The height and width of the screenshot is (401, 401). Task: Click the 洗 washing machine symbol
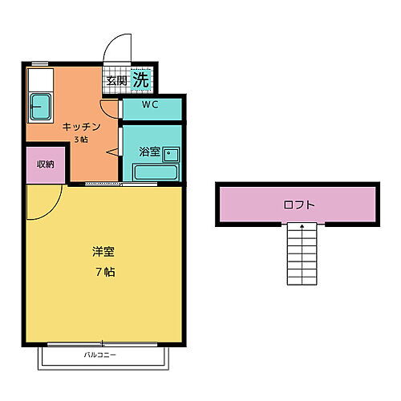click(x=140, y=79)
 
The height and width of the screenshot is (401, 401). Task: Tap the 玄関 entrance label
click(x=116, y=80)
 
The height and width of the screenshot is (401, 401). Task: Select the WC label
click(x=151, y=105)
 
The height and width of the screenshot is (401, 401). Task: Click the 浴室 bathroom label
click(x=149, y=150)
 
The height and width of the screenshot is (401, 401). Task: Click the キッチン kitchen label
click(x=83, y=127)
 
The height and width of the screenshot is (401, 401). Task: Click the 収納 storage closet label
click(x=45, y=164)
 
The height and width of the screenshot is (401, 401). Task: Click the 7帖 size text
click(x=104, y=271)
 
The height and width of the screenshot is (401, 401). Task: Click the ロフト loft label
click(x=299, y=204)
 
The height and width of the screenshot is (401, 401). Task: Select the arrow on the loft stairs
click(x=302, y=228)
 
